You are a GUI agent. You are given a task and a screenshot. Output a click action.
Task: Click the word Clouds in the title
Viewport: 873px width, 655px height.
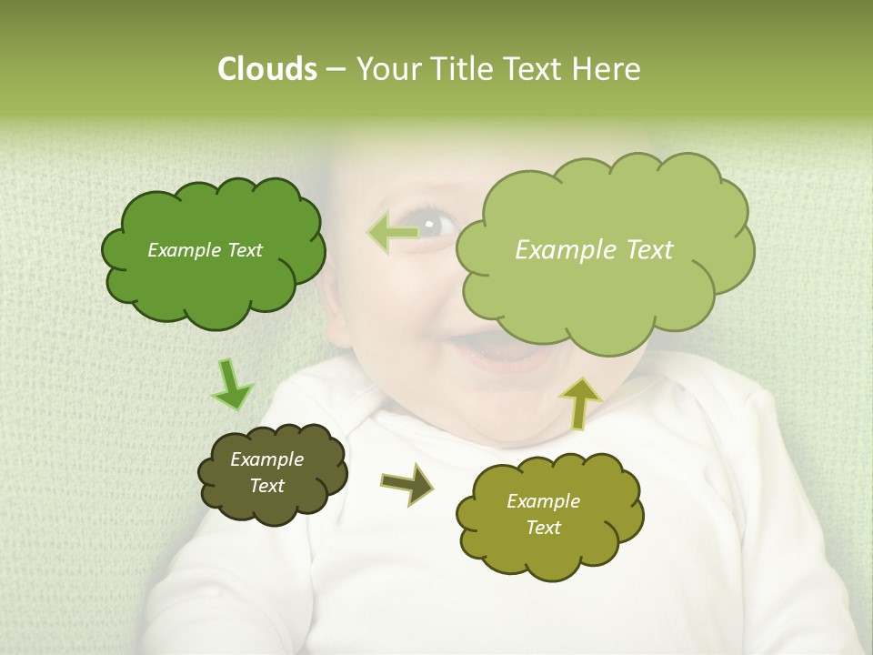(x=267, y=69)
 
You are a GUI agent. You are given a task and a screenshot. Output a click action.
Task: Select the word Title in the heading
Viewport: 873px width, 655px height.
(x=461, y=69)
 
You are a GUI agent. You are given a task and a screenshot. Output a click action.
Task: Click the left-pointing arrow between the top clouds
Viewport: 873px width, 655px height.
(x=392, y=233)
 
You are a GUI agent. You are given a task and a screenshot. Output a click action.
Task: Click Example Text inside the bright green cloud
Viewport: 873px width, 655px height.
(x=206, y=250)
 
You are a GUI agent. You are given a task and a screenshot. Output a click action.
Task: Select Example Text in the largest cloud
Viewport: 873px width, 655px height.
(x=594, y=250)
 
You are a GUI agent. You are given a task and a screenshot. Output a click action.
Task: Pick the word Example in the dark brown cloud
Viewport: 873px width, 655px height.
(x=266, y=459)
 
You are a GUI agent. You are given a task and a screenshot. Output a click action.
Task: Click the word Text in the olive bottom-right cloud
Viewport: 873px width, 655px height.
(x=544, y=528)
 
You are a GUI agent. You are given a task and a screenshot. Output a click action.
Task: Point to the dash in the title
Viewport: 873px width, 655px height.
(x=336, y=69)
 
